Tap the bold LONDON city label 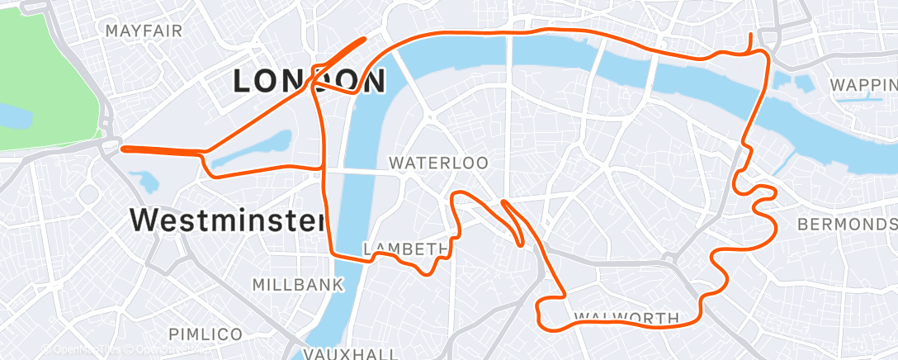tap(309, 81)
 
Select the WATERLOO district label tap(438, 163)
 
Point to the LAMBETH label tap(404, 249)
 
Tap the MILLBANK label tap(297, 285)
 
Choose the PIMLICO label tap(206, 334)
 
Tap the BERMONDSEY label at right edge tap(847, 225)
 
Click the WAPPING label tap(863, 85)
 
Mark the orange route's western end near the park tap(123, 149)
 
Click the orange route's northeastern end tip tap(749, 35)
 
